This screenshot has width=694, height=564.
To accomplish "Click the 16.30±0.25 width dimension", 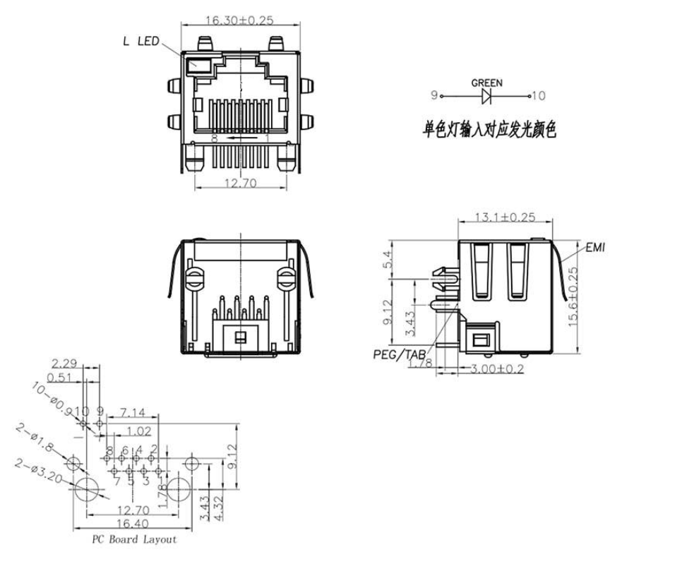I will [x=240, y=20].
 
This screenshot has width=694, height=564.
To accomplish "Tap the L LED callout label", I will [x=140, y=42].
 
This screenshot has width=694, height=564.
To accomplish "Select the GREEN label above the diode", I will [x=486, y=83].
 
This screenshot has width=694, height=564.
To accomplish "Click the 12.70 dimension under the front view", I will [x=241, y=182].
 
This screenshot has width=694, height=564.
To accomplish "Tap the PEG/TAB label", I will [x=399, y=354].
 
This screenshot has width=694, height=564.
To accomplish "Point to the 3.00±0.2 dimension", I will [x=498, y=368].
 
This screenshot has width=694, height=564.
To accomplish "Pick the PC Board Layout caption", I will [x=133, y=539].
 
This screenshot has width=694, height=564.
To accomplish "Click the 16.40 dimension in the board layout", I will [x=133, y=523].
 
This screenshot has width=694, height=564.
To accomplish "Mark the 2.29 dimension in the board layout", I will [x=64, y=364].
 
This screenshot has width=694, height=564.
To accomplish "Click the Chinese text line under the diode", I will [x=489, y=130].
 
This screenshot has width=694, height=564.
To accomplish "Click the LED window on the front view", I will [x=198, y=66].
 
